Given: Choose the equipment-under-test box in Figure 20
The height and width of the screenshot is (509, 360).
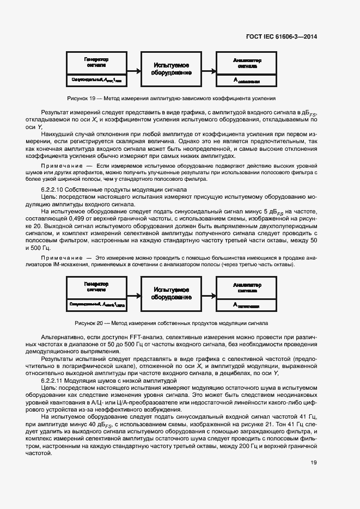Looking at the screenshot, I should [172, 293].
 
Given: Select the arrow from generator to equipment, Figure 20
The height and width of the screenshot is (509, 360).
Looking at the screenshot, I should [134, 293].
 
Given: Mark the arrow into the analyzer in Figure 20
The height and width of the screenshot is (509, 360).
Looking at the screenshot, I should [209, 293].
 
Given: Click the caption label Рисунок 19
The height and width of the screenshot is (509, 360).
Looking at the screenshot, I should [81, 99].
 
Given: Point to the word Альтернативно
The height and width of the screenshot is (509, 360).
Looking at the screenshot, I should [64, 338].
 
